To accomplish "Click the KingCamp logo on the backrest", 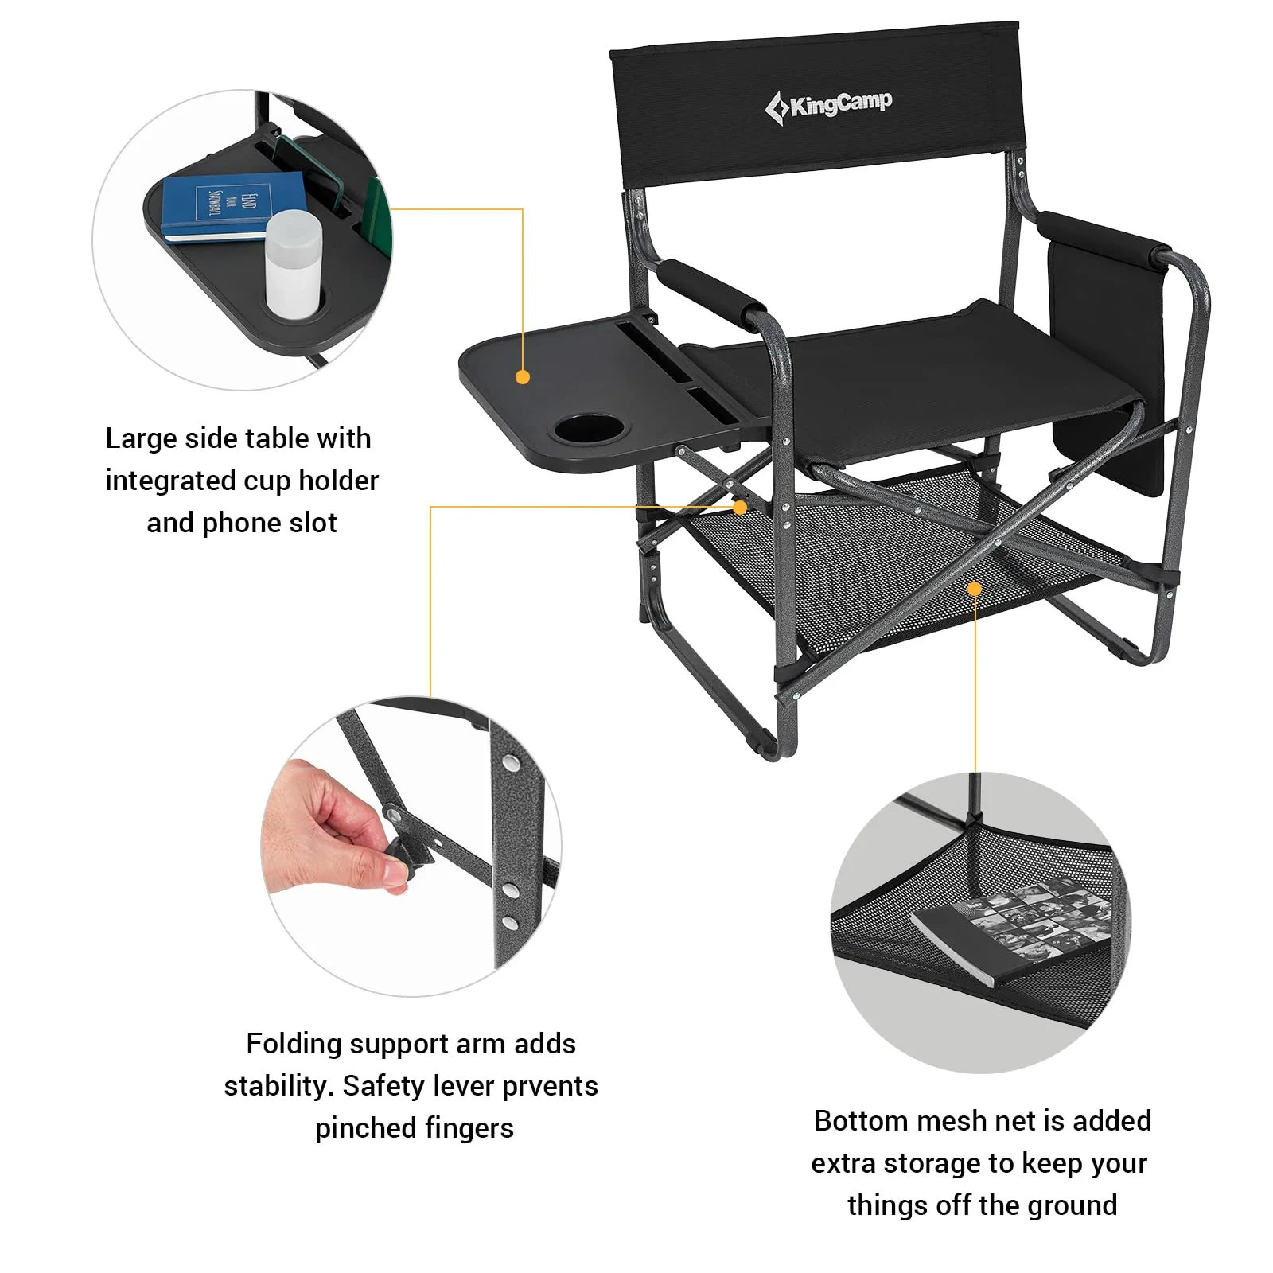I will click(x=828, y=105).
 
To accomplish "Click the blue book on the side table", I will click(x=232, y=205).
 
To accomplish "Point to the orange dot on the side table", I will click(x=523, y=377).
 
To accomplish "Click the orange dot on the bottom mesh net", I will click(x=975, y=589).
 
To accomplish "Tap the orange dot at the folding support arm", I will click(x=740, y=507).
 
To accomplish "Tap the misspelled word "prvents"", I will click(x=550, y=1086).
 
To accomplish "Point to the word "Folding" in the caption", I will click(x=293, y=1044).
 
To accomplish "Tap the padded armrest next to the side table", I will click(x=710, y=291).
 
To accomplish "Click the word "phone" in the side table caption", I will click(x=239, y=523).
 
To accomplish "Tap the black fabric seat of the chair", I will click(x=915, y=374).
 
